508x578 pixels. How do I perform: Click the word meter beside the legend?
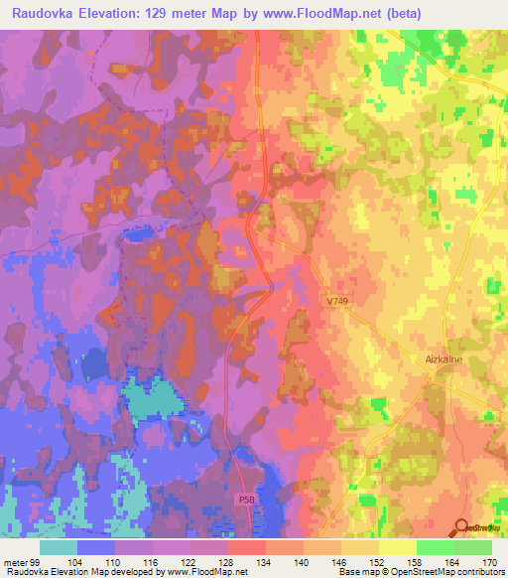pos(15,562)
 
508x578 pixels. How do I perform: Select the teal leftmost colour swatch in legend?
pos(59,548)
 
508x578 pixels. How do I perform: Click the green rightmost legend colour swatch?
pos(473,548)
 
